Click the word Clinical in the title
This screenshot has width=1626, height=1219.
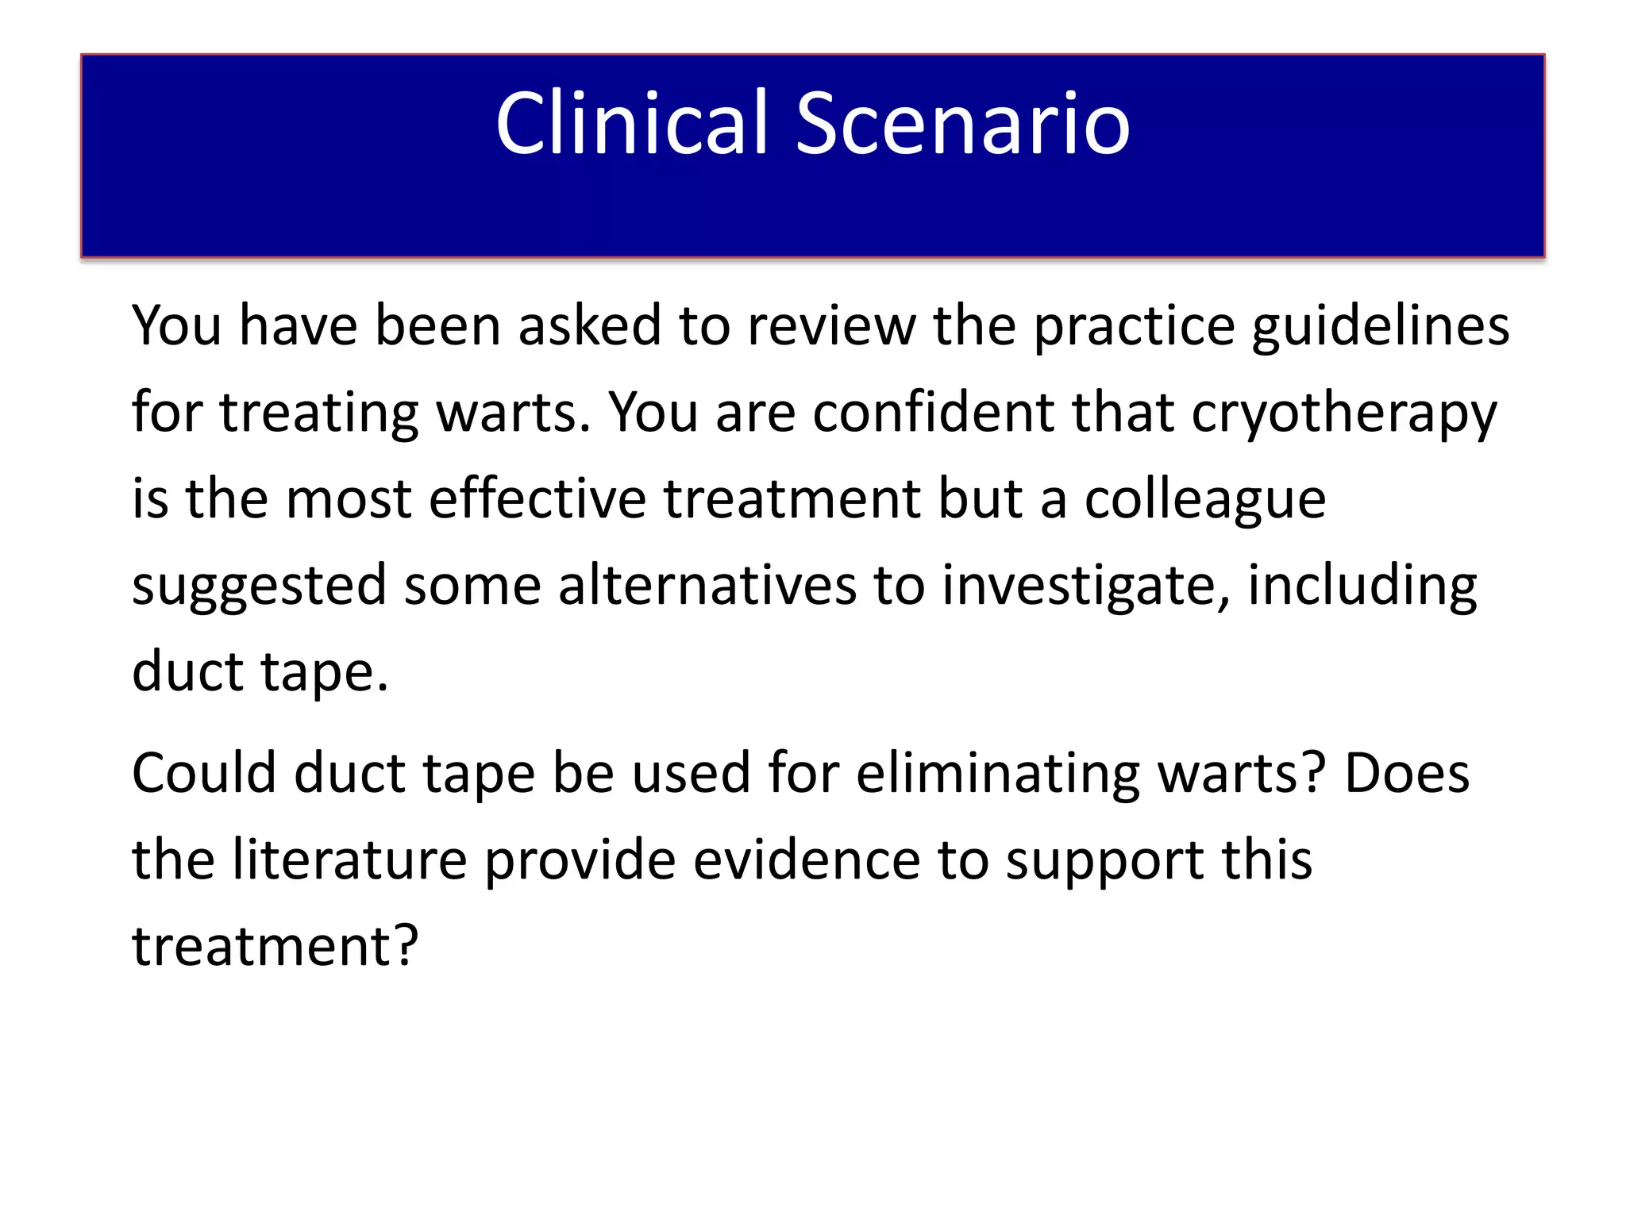coord(632,123)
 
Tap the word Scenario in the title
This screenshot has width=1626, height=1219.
coord(962,123)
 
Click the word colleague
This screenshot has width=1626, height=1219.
coord(1204,500)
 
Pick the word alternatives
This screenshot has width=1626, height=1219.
coord(707,586)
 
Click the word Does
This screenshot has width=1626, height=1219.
coord(1407,774)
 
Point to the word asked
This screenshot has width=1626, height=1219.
coord(590,327)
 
